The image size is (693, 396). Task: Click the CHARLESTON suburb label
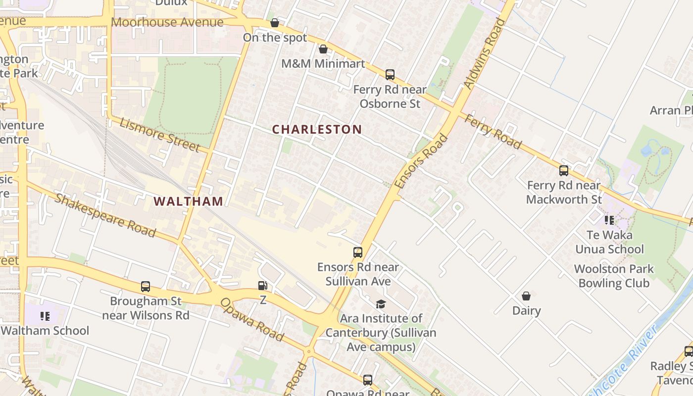tap(317, 129)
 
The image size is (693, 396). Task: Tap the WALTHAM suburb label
tap(188, 201)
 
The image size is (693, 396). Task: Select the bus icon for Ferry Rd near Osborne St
tap(390, 75)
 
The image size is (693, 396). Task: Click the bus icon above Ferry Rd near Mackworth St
tap(564, 171)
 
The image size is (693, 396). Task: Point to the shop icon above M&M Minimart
tap(323, 49)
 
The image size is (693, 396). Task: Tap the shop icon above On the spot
tap(275, 23)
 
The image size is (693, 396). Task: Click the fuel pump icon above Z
tap(263, 285)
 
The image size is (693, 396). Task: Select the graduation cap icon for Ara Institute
tap(381, 303)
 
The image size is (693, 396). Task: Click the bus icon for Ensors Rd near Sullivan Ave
tap(358, 252)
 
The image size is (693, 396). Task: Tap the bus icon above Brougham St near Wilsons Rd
tap(146, 286)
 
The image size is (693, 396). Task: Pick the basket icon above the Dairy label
tap(526, 296)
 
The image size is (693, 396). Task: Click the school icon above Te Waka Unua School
tap(609, 220)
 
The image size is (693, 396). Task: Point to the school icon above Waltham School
tap(45, 316)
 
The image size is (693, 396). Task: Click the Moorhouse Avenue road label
tap(167, 22)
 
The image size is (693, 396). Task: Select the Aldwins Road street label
tap(485, 54)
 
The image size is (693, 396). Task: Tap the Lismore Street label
tap(159, 135)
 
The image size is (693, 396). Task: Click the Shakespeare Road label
tap(105, 216)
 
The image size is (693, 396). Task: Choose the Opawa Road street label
tap(252, 320)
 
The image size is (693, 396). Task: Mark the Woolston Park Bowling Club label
tap(614, 276)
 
